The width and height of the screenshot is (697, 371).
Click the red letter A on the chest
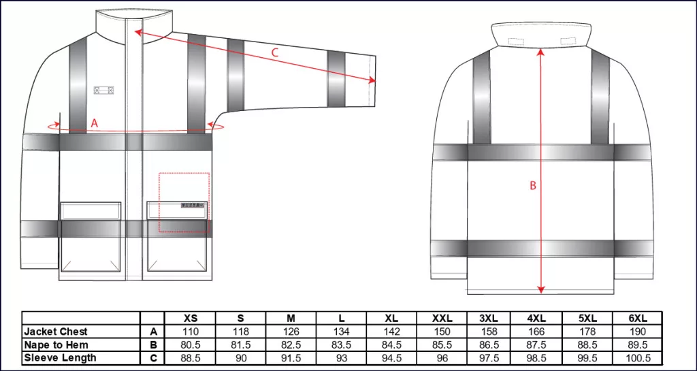click(94, 123)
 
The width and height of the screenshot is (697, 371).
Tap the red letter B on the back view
click(533, 186)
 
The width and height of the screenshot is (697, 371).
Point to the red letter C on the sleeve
click(275, 52)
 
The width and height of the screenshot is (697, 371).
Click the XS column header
click(191, 318)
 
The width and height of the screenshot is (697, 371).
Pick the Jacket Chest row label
click(56, 332)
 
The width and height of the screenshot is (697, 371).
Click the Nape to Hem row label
click(56, 344)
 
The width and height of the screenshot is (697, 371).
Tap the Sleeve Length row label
click(60, 357)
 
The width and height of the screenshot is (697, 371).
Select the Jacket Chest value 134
click(342, 332)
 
